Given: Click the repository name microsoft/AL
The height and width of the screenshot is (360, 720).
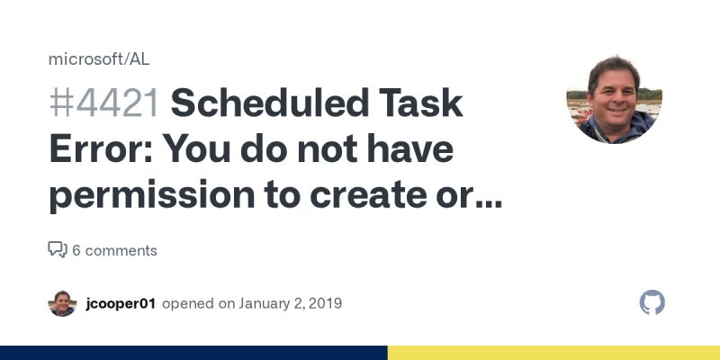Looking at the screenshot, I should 99,59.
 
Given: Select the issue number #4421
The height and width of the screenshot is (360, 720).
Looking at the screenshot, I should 104,104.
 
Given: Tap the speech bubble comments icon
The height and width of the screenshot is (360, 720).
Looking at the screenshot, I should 58,249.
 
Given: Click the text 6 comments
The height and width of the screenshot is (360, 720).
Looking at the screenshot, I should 114,250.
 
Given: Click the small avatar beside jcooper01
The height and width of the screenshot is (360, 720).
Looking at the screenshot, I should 62,303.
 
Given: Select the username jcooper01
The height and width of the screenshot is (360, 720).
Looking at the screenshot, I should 121,303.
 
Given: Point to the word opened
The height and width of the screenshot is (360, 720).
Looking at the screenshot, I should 185,303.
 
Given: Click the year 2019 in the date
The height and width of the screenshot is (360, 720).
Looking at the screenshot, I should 324,303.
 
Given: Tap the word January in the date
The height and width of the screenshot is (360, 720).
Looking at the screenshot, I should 266,303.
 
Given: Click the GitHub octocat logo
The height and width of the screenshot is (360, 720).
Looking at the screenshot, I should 652,302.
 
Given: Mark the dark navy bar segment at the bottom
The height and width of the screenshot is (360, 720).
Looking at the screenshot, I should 193,353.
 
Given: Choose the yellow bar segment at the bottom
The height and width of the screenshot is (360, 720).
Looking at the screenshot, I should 553,353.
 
